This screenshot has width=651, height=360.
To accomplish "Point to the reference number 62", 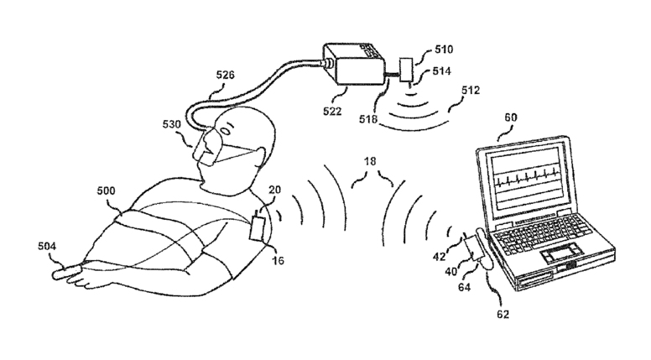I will (x=502, y=315).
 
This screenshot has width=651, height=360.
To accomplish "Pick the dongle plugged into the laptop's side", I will (x=483, y=251).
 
